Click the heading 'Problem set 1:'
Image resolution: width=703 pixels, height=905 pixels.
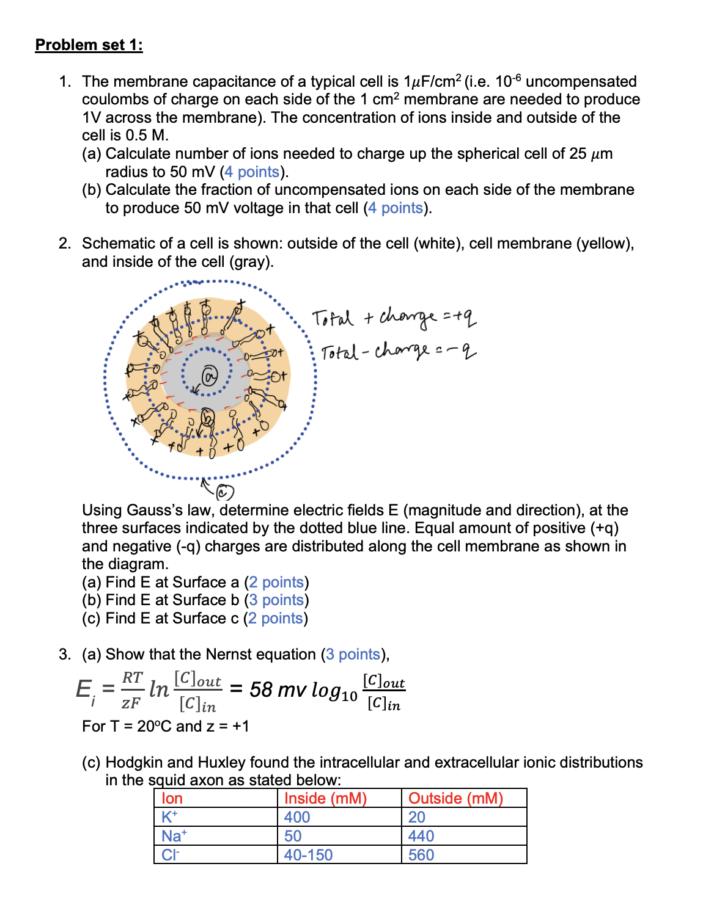[89, 45]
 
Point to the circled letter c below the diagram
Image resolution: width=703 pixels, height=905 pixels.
[224, 492]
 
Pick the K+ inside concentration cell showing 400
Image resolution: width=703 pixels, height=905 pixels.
[297, 817]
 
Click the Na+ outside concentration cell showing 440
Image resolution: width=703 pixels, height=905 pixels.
[421, 836]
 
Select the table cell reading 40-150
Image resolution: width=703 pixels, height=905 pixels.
[308, 855]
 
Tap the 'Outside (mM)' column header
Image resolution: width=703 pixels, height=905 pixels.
[455, 798]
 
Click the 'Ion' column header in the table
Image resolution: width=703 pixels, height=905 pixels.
[172, 798]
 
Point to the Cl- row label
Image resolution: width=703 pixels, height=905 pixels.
[170, 855]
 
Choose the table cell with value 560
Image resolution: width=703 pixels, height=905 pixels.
[421, 855]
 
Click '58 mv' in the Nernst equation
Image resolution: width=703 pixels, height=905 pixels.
[278, 689]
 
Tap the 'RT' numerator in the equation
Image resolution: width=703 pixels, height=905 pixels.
[132, 678]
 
